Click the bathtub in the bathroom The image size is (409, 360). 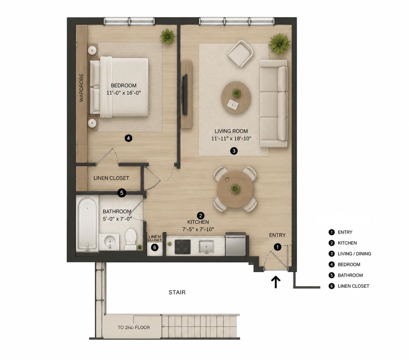pyautogui.click(x=87, y=224)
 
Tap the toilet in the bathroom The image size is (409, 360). pyautogui.click(x=131, y=239)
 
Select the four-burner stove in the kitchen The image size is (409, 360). pyautogui.click(x=183, y=247)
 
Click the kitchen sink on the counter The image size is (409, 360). pyautogui.click(x=206, y=246)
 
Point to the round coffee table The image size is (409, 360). pyautogui.click(x=236, y=98)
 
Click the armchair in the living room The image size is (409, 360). pyautogui.click(x=240, y=53)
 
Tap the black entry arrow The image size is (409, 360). pyautogui.click(x=276, y=282)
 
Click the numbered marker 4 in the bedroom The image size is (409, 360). pyautogui.click(x=128, y=138)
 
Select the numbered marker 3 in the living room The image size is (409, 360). pyautogui.click(x=234, y=151)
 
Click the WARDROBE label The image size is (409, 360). pyautogui.click(x=81, y=87)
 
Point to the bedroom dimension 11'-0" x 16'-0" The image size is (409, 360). pyautogui.click(x=124, y=93)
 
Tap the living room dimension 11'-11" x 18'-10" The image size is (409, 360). pyautogui.click(x=231, y=139)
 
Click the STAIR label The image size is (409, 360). pyautogui.click(x=177, y=292)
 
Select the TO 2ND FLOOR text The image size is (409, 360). pyautogui.click(x=134, y=327)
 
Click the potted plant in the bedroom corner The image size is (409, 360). pyautogui.click(x=167, y=37)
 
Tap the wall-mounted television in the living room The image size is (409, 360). pyautogui.click(x=185, y=95)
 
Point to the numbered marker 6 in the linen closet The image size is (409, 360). pyautogui.click(x=154, y=247)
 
